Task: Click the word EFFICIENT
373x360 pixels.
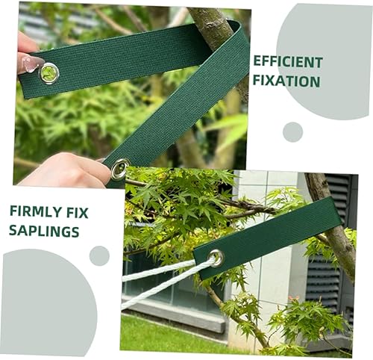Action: tap(288, 62)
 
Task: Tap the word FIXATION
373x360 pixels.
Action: tap(286, 81)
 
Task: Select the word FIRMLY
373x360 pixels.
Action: tap(35, 212)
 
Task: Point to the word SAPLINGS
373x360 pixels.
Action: tap(44, 231)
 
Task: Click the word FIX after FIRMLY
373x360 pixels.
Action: tap(78, 212)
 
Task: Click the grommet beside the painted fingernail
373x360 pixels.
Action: tap(49, 73)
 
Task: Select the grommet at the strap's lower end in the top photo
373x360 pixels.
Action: tap(119, 169)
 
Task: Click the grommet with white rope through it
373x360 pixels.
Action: tap(216, 258)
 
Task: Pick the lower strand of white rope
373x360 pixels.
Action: tap(166, 284)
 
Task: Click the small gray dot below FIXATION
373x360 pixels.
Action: tap(292, 132)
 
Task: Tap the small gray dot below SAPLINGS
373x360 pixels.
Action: tap(99, 255)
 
